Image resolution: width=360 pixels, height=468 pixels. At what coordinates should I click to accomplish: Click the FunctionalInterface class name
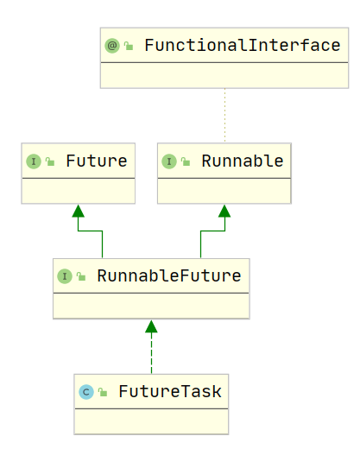242,46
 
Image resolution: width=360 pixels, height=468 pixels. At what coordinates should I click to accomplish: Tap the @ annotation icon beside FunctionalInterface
112,46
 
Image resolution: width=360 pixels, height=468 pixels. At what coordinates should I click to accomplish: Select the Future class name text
97,161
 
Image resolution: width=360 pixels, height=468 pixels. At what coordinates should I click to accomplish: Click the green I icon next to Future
34,161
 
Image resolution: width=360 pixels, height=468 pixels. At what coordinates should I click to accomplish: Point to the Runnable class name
242,161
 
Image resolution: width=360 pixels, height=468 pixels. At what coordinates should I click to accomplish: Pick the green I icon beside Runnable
169,161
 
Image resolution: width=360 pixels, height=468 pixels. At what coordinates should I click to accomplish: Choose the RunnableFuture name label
169,275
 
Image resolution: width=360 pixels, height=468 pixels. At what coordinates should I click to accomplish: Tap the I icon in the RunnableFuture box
65,276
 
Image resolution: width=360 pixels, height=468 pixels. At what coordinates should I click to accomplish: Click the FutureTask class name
170,391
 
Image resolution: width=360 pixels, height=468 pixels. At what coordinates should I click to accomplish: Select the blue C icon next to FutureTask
86,392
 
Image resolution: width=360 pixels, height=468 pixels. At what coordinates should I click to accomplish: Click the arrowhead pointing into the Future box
79,211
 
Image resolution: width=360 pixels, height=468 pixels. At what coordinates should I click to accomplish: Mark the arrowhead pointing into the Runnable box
224,211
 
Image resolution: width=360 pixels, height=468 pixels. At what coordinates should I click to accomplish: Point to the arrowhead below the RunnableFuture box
151,326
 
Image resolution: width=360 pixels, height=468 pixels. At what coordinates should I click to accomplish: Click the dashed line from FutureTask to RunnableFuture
151,353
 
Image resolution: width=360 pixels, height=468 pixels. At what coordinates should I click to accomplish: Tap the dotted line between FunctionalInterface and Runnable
224,115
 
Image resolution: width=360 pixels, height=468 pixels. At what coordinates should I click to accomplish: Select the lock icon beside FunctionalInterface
129,46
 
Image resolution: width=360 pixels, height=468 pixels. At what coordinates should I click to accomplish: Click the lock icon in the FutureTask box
103,392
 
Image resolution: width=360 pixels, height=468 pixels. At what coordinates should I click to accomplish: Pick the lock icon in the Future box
50,161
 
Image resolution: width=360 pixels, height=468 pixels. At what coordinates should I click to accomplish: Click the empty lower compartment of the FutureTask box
151,421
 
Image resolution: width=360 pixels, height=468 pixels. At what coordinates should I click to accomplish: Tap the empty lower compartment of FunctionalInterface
224,75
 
